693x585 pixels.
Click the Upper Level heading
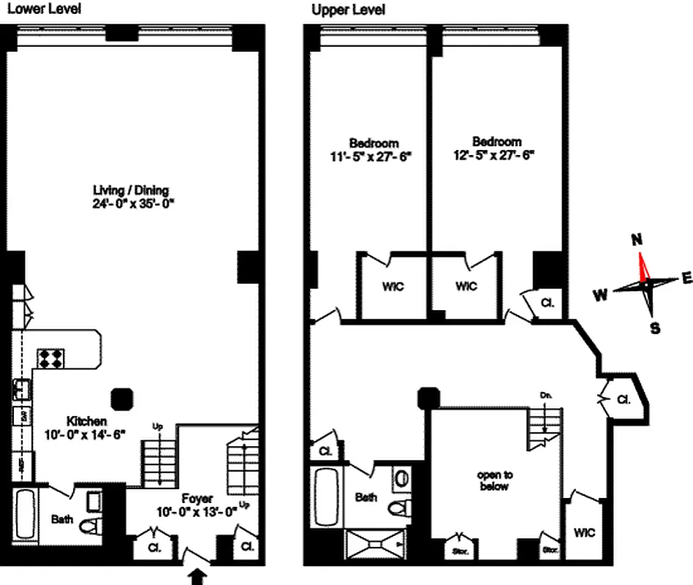pos(348,10)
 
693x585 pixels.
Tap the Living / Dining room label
pos(130,191)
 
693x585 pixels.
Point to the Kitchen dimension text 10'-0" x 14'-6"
pos(87,434)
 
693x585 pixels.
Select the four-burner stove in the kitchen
pos(50,357)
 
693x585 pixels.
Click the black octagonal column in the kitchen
pos(121,398)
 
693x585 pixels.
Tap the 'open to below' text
pos(493,480)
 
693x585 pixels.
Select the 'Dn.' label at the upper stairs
pos(545,395)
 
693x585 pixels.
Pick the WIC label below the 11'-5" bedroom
pos(393,286)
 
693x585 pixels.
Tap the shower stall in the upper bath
pos(378,543)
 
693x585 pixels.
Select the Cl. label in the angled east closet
pos(623,400)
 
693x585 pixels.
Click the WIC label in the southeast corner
pos(585,532)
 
